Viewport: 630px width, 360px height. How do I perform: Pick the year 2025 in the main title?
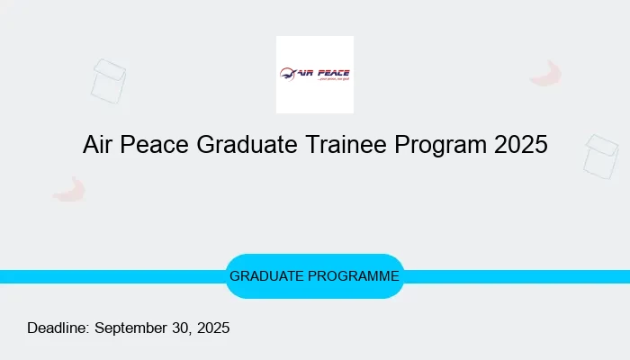click(520, 145)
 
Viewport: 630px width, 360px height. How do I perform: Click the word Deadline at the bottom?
click(58, 328)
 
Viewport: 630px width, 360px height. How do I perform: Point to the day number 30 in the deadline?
click(181, 328)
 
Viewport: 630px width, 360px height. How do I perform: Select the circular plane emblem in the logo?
click(287, 74)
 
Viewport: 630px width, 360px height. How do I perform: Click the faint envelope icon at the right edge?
click(600, 155)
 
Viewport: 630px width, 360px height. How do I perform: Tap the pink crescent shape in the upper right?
click(545, 74)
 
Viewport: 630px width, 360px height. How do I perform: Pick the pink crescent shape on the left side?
click(69, 189)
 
